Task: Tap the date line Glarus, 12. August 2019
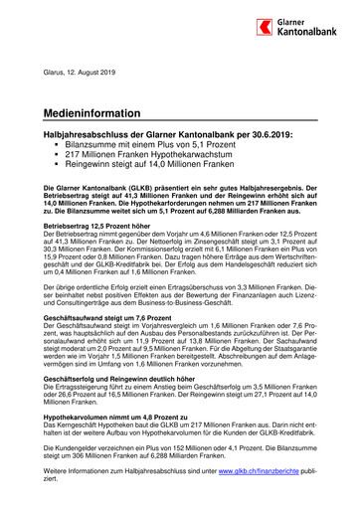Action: pos(82,71)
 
